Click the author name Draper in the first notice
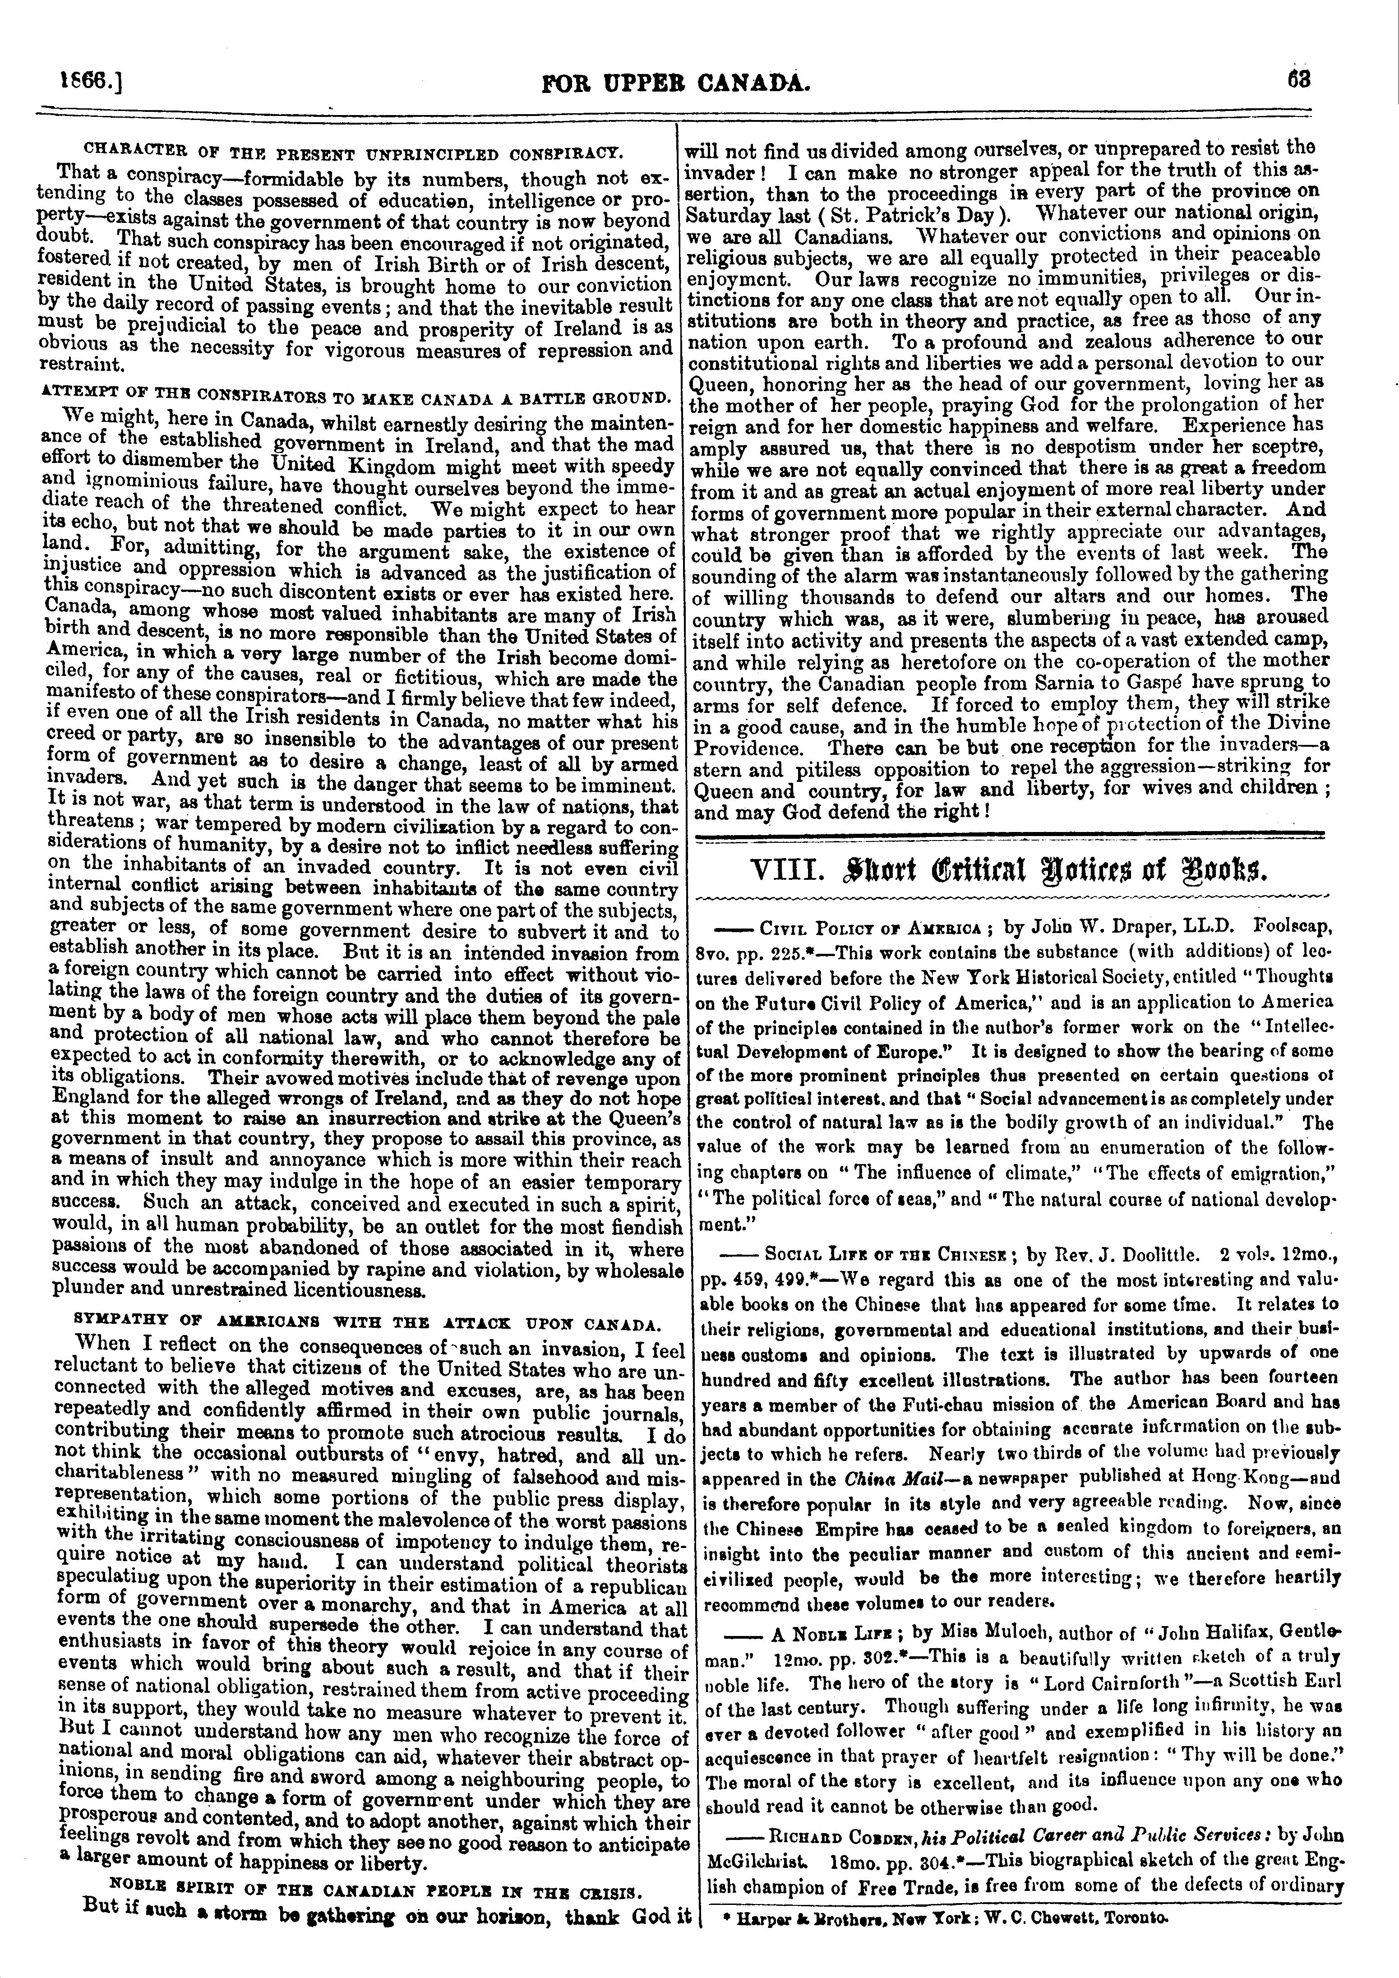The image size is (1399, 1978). (x=1102, y=929)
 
